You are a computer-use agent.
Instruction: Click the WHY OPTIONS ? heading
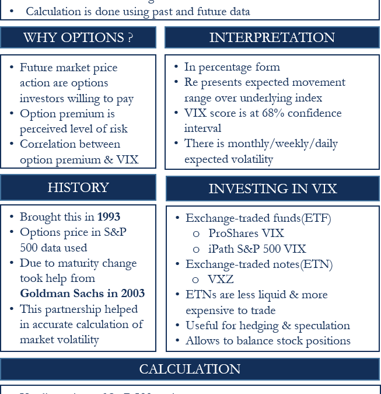[x=78, y=37]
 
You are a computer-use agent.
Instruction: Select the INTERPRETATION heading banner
[x=272, y=37]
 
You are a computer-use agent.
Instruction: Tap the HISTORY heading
[x=78, y=187]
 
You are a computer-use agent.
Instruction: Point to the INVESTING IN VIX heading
[x=272, y=189]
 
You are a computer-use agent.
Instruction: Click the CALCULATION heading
[x=190, y=369]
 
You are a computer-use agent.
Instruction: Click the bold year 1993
[x=109, y=217]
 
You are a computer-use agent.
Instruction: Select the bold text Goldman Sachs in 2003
[x=82, y=294]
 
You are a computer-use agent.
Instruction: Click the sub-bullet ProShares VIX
[x=246, y=233]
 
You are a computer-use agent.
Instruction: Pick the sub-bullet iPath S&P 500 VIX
[x=257, y=249]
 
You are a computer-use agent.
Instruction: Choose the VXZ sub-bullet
[x=221, y=280]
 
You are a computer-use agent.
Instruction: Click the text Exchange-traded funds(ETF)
[x=258, y=218]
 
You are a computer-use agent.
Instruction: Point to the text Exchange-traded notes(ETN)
[x=259, y=264]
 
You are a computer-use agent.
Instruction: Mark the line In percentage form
[x=232, y=67]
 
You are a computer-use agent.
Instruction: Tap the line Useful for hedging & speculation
[x=267, y=326]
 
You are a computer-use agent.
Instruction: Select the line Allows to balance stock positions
[x=268, y=341]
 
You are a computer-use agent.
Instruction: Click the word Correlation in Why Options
[x=49, y=144]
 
